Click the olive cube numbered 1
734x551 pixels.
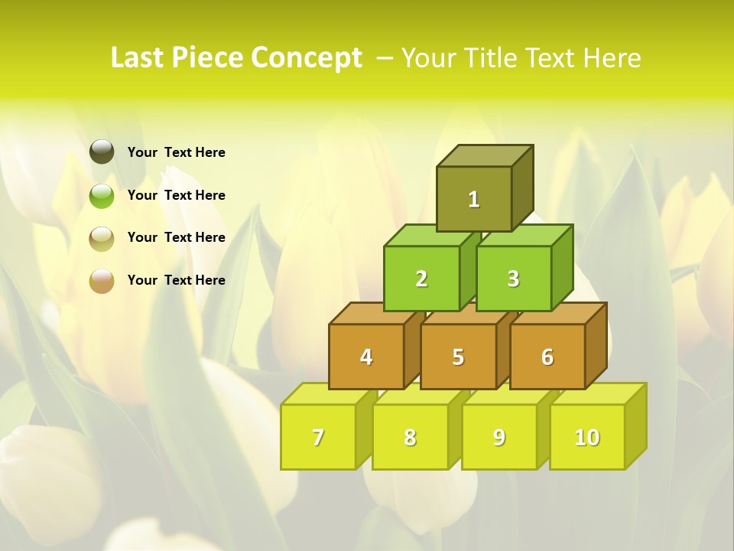474,199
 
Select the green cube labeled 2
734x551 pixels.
421,279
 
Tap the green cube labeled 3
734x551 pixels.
513,279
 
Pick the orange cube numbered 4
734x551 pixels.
366,357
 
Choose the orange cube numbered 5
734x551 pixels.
458,357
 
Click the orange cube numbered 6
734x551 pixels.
547,357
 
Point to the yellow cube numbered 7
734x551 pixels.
318,437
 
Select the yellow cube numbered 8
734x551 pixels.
410,437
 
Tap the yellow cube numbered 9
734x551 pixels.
499,437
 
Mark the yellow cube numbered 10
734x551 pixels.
587,437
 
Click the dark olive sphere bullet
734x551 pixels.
102,152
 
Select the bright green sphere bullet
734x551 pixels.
102,195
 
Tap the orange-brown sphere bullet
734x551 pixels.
102,280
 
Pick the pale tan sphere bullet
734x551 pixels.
102,238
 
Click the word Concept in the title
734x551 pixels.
307,58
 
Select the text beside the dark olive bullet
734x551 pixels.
177,152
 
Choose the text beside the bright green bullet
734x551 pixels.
177,195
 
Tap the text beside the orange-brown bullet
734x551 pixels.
177,280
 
